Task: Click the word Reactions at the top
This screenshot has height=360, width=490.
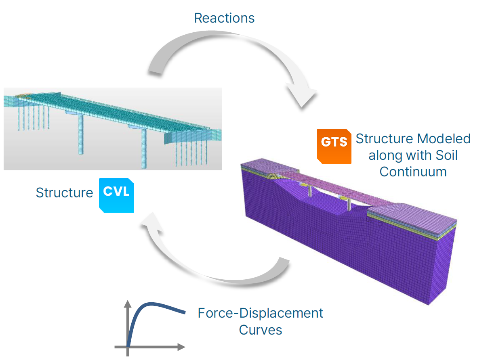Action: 224,18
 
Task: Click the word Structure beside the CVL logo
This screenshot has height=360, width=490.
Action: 64,193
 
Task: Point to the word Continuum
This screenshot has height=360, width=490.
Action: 413,172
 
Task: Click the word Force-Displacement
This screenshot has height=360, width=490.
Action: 260,313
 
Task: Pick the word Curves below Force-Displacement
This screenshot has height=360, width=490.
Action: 260,330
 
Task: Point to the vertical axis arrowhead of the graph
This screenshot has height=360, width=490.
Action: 128,303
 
